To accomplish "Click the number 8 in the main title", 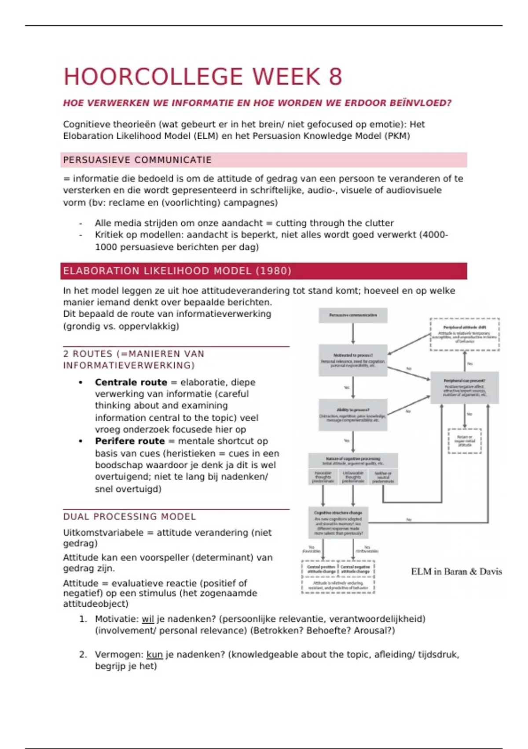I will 335,77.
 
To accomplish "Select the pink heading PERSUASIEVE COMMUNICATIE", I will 137,160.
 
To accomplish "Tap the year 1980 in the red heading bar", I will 273,271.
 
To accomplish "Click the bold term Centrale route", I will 131,382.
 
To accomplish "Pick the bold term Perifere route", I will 129,441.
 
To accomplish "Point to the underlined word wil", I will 147,619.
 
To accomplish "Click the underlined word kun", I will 154,655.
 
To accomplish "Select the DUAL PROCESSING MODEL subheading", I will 129,516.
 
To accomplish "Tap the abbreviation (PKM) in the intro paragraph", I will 397,136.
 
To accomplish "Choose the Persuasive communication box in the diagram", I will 353,315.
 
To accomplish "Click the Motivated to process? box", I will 353,360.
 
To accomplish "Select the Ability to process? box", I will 353,415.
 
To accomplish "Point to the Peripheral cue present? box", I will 464,387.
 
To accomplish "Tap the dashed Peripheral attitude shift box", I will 465,334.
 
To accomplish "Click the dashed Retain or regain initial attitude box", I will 465,441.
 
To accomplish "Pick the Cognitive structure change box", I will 338,523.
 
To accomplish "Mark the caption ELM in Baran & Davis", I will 456,571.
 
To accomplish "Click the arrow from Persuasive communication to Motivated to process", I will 353,334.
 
